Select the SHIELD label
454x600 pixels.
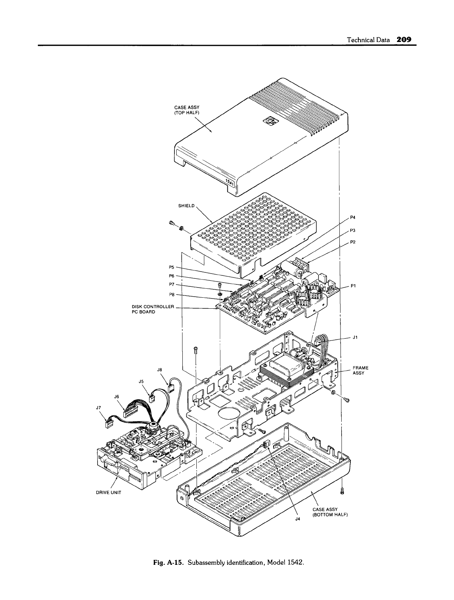pyautogui.click(x=186, y=206)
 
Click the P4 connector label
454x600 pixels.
pyautogui.click(x=353, y=217)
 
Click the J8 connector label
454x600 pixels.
pyautogui.click(x=159, y=370)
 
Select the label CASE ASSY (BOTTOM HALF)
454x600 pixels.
pyautogui.click(x=330, y=512)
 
